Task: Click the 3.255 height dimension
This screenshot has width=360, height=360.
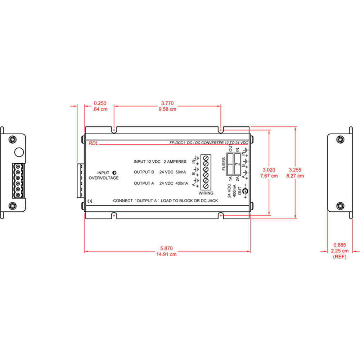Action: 295,170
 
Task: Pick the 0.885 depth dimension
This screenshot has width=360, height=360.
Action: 340,245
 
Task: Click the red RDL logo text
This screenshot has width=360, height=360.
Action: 93,143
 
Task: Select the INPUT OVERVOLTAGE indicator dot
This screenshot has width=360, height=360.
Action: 114,172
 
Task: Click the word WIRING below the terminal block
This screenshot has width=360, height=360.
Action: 206,193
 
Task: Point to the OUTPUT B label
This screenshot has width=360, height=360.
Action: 144,172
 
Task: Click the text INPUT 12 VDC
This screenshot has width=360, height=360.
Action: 147,162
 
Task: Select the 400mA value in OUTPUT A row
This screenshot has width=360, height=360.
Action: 181,183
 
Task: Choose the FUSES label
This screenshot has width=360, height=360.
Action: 224,164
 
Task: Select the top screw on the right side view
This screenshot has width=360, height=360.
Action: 339,139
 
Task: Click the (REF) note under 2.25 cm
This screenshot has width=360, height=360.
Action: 340,257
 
